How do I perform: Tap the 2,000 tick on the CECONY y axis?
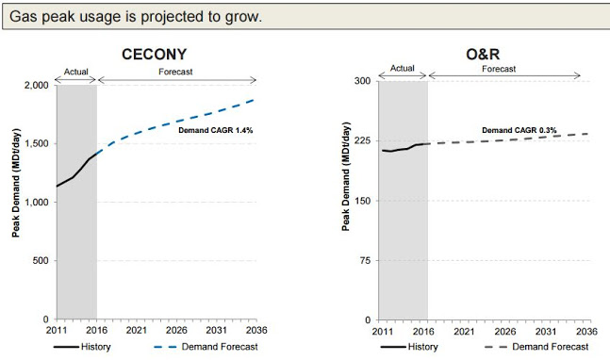35,86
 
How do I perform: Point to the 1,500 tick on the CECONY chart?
35,143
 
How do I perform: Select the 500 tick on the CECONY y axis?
39,261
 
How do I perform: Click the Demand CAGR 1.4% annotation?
216,131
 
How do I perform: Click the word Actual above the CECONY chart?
76,71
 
